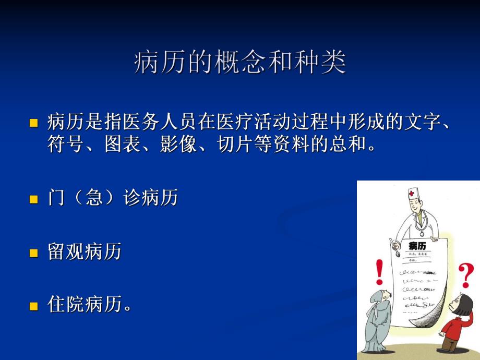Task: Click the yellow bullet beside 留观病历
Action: tap(34, 253)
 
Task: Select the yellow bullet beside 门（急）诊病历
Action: tap(34, 199)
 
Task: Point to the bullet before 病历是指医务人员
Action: tap(34, 124)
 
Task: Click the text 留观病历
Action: tap(84, 252)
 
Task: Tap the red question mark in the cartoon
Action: tap(466, 275)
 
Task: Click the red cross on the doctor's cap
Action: tap(413, 194)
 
